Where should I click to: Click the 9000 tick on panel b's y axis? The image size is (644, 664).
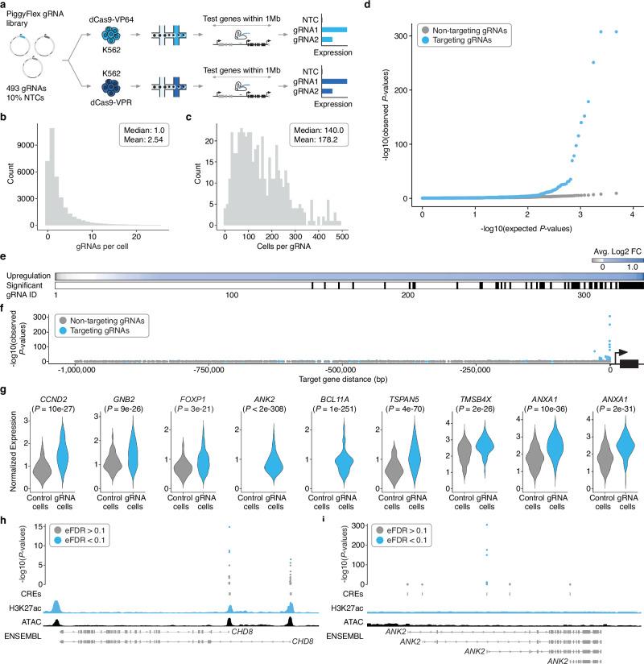tap(28, 145)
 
